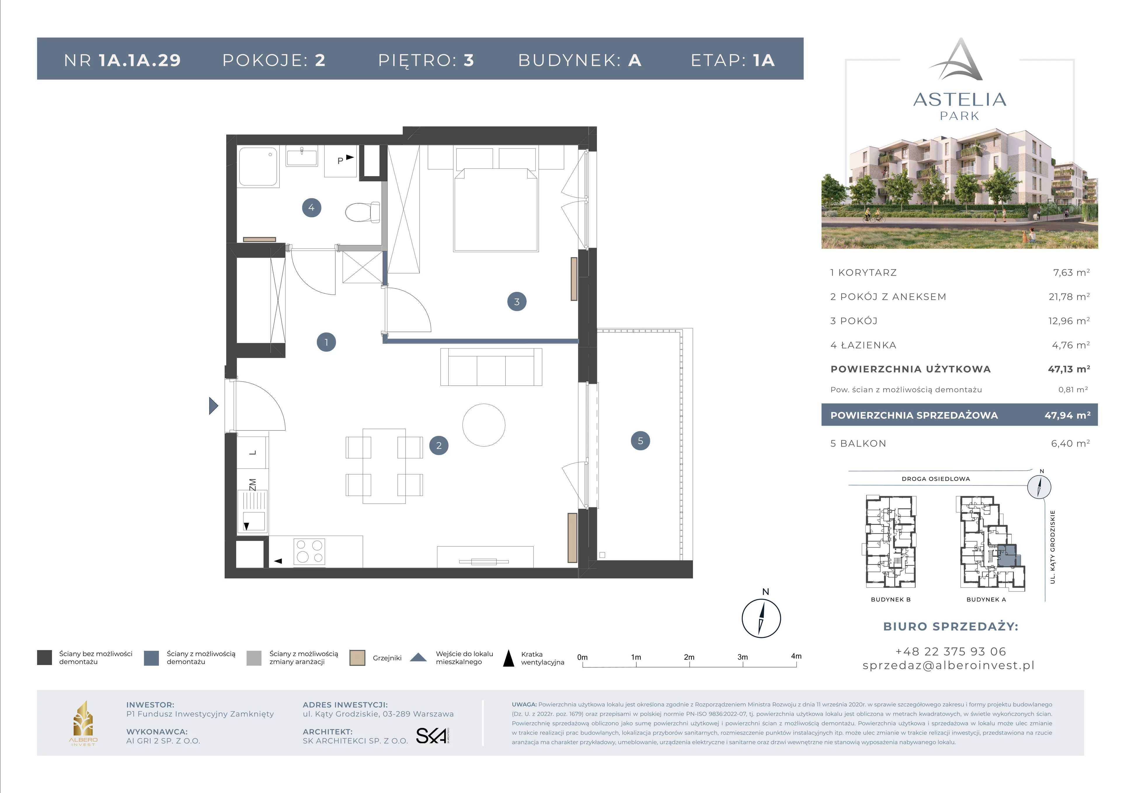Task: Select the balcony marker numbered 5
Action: pos(640,441)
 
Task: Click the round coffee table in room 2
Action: pos(484,425)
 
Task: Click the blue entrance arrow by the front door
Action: pos(213,405)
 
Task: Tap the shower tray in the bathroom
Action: pos(258,166)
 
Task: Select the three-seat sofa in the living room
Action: pos(491,367)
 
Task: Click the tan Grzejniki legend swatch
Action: pos(357,658)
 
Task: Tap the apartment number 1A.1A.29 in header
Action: pos(140,60)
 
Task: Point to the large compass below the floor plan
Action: pos(761,618)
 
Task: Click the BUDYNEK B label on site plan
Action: pos(891,600)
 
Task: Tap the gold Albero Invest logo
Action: pos(83,722)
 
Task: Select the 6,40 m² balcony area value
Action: pos(1070,443)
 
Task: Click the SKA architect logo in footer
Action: pos(432,735)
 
